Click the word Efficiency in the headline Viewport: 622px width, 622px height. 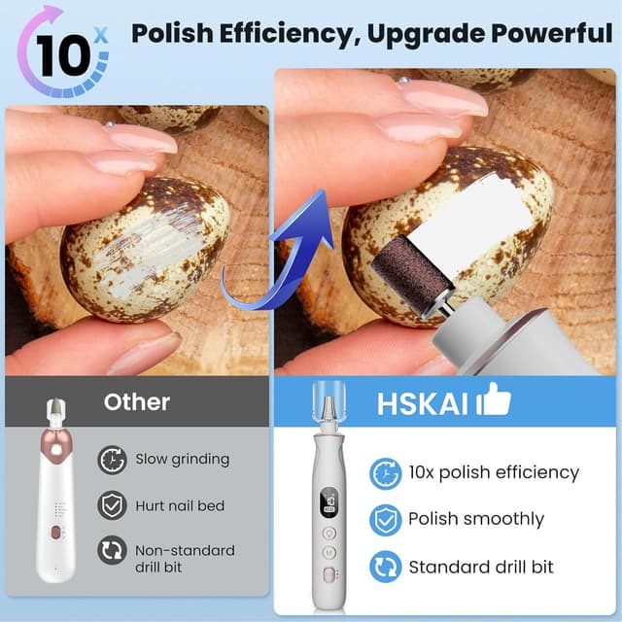(297, 33)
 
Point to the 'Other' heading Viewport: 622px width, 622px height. (137, 401)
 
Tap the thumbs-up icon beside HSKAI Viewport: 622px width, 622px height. (495, 399)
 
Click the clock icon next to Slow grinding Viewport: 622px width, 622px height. (113, 459)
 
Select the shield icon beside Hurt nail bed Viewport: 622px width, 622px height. (113, 505)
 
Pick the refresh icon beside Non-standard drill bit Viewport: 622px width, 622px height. (113, 552)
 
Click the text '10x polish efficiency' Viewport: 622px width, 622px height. (494, 473)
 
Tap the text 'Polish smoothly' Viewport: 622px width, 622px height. (476, 519)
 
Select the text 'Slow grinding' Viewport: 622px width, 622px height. (183, 459)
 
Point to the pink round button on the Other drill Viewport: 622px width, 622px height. (60, 451)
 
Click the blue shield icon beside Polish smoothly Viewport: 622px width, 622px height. (386, 519)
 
